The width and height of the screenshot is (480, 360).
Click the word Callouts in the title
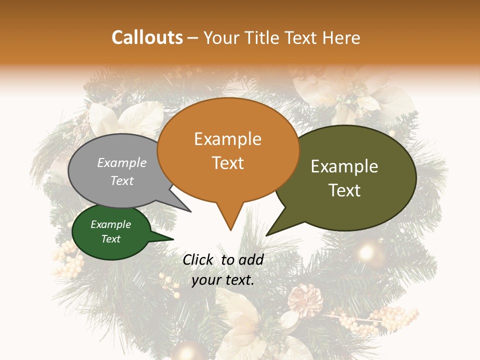click(147, 37)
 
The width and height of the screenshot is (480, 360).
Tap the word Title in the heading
click(264, 37)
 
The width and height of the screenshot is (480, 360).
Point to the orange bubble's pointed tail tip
click(230, 230)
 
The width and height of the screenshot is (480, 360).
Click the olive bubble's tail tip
click(266, 235)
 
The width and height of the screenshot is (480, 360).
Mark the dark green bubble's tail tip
click(173, 239)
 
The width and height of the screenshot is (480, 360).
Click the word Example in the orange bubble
click(227, 139)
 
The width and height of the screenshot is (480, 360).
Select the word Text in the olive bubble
click(345, 190)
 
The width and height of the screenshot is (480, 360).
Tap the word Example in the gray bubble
click(121, 162)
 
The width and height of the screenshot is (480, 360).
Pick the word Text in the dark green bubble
click(110, 239)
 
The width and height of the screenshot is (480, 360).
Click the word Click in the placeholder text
click(198, 259)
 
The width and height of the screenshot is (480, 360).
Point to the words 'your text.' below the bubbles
click(223, 280)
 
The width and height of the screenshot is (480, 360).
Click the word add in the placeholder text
click(251, 259)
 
